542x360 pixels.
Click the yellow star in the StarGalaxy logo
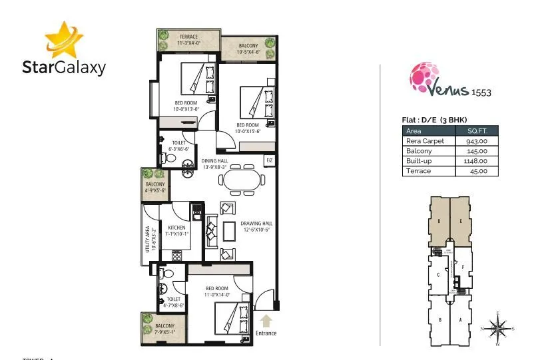pyautogui.click(x=63, y=39)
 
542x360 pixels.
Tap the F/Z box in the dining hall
pyautogui.click(x=270, y=160)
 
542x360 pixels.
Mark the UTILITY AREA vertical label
pyautogui.click(x=148, y=238)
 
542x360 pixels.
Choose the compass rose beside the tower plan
pyautogui.click(x=497, y=327)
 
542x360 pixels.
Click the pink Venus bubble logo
pyautogui.click(x=423, y=78)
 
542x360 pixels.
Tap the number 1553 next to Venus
pyautogui.click(x=481, y=93)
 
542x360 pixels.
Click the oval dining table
pyautogui.click(x=242, y=180)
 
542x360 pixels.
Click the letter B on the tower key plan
pyautogui.click(x=440, y=319)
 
